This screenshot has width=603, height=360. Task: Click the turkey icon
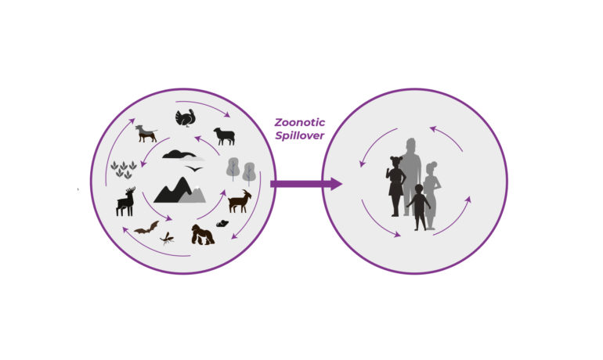pos(186,118)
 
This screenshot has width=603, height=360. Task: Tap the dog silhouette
pos(146,133)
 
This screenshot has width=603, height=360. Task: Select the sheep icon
pos(225,136)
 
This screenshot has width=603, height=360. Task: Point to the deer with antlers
pos(126,201)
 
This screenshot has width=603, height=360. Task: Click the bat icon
pos(146,228)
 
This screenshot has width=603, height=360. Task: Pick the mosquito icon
pos(167,239)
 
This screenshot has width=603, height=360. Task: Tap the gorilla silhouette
pos(203,234)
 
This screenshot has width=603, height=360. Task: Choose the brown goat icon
pos(240,201)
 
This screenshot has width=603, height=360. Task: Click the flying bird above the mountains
pos(194,169)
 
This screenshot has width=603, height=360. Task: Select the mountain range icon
pos(179,190)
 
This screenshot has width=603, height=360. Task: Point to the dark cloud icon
pos(179,154)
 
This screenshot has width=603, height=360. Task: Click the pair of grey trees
pos(240,169)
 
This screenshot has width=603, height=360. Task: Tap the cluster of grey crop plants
pos(124,169)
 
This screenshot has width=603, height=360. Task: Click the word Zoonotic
pos(300,123)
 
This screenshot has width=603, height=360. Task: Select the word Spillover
pos(300,135)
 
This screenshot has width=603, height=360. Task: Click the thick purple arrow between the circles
pos(306,184)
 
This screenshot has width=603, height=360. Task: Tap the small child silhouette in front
pos(419,207)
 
